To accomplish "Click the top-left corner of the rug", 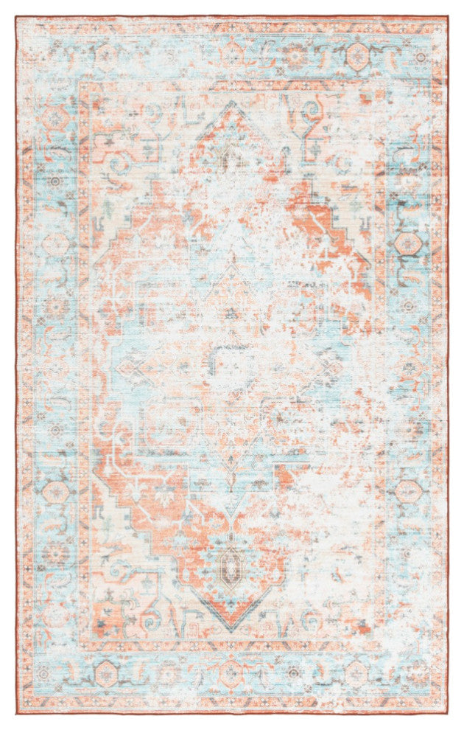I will (x=17, y=17).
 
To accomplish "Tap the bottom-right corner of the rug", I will (x=449, y=713).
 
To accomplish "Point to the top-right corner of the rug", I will (x=448, y=16).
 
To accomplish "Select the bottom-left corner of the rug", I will (x=16, y=713).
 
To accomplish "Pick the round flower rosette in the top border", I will (x=295, y=55).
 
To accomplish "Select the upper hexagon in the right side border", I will (x=407, y=243).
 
